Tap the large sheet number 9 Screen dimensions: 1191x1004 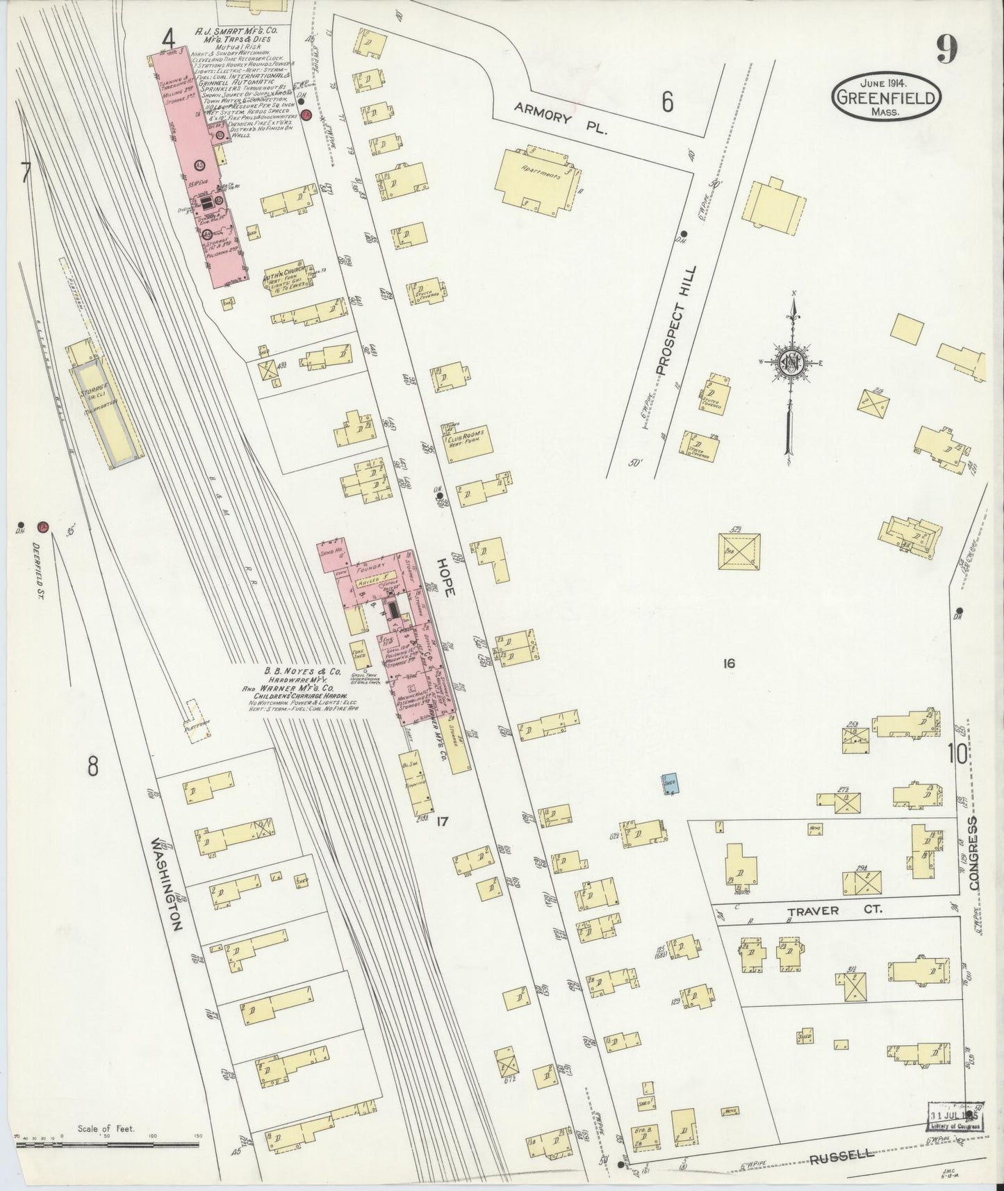[946, 49]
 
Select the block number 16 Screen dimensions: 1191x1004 [727, 664]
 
